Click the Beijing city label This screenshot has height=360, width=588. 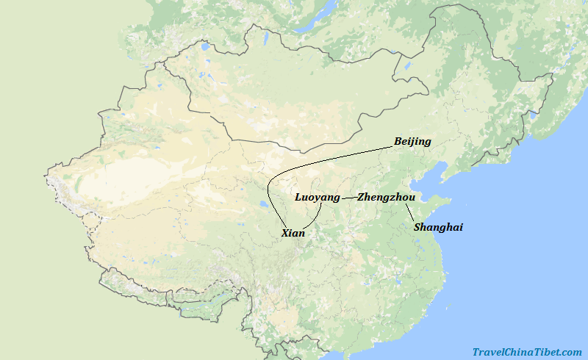pyautogui.click(x=412, y=141)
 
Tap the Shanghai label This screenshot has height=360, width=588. pyautogui.click(x=438, y=227)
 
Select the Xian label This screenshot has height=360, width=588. pyautogui.click(x=293, y=233)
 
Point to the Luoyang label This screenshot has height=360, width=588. pyautogui.click(x=318, y=197)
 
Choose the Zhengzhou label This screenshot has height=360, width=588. pyautogui.click(x=387, y=197)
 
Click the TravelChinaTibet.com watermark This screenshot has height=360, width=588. pyautogui.click(x=527, y=352)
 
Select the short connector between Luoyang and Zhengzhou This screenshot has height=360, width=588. pyautogui.click(x=348, y=198)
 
